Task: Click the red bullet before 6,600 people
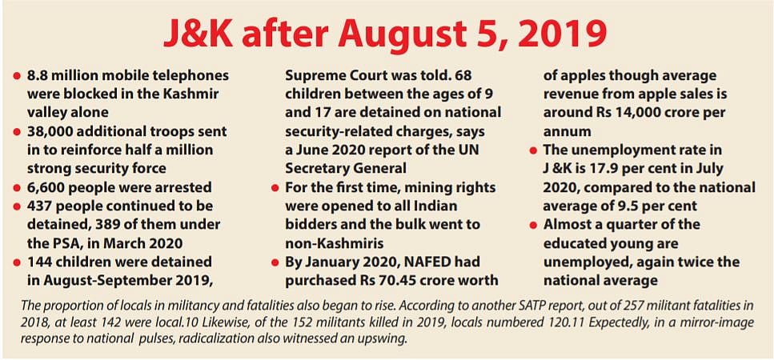18,188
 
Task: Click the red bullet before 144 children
18,262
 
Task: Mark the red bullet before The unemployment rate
534,150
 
